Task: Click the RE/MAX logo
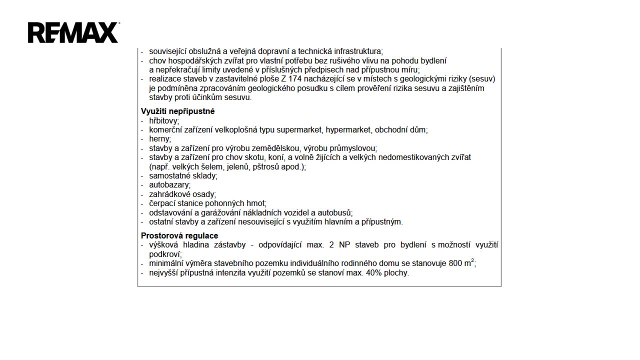tap(73, 32)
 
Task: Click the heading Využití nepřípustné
tap(177, 111)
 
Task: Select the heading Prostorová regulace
tap(179, 235)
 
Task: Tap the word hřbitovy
tap(163, 120)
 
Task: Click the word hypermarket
tap(348, 130)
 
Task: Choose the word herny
tap(159, 139)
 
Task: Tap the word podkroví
tap(165, 254)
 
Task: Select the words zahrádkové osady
tap(182, 194)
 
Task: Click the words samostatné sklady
tap(182, 176)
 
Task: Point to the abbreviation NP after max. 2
tap(344, 245)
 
